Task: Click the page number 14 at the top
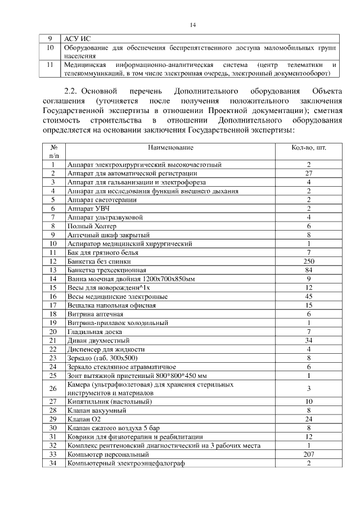click(x=192, y=25)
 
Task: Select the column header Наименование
click(x=170, y=147)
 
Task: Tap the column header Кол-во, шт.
click(x=309, y=147)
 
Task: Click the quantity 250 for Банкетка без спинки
click(x=309, y=261)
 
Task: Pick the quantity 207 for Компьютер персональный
click(x=309, y=453)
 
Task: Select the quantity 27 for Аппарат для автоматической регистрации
click(x=309, y=173)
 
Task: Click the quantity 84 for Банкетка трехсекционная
click(x=309, y=270)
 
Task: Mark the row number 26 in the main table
click(x=53, y=388)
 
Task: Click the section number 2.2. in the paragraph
click(x=73, y=91)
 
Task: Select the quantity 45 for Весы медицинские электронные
click(x=309, y=296)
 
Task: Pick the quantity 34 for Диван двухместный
click(x=309, y=340)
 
